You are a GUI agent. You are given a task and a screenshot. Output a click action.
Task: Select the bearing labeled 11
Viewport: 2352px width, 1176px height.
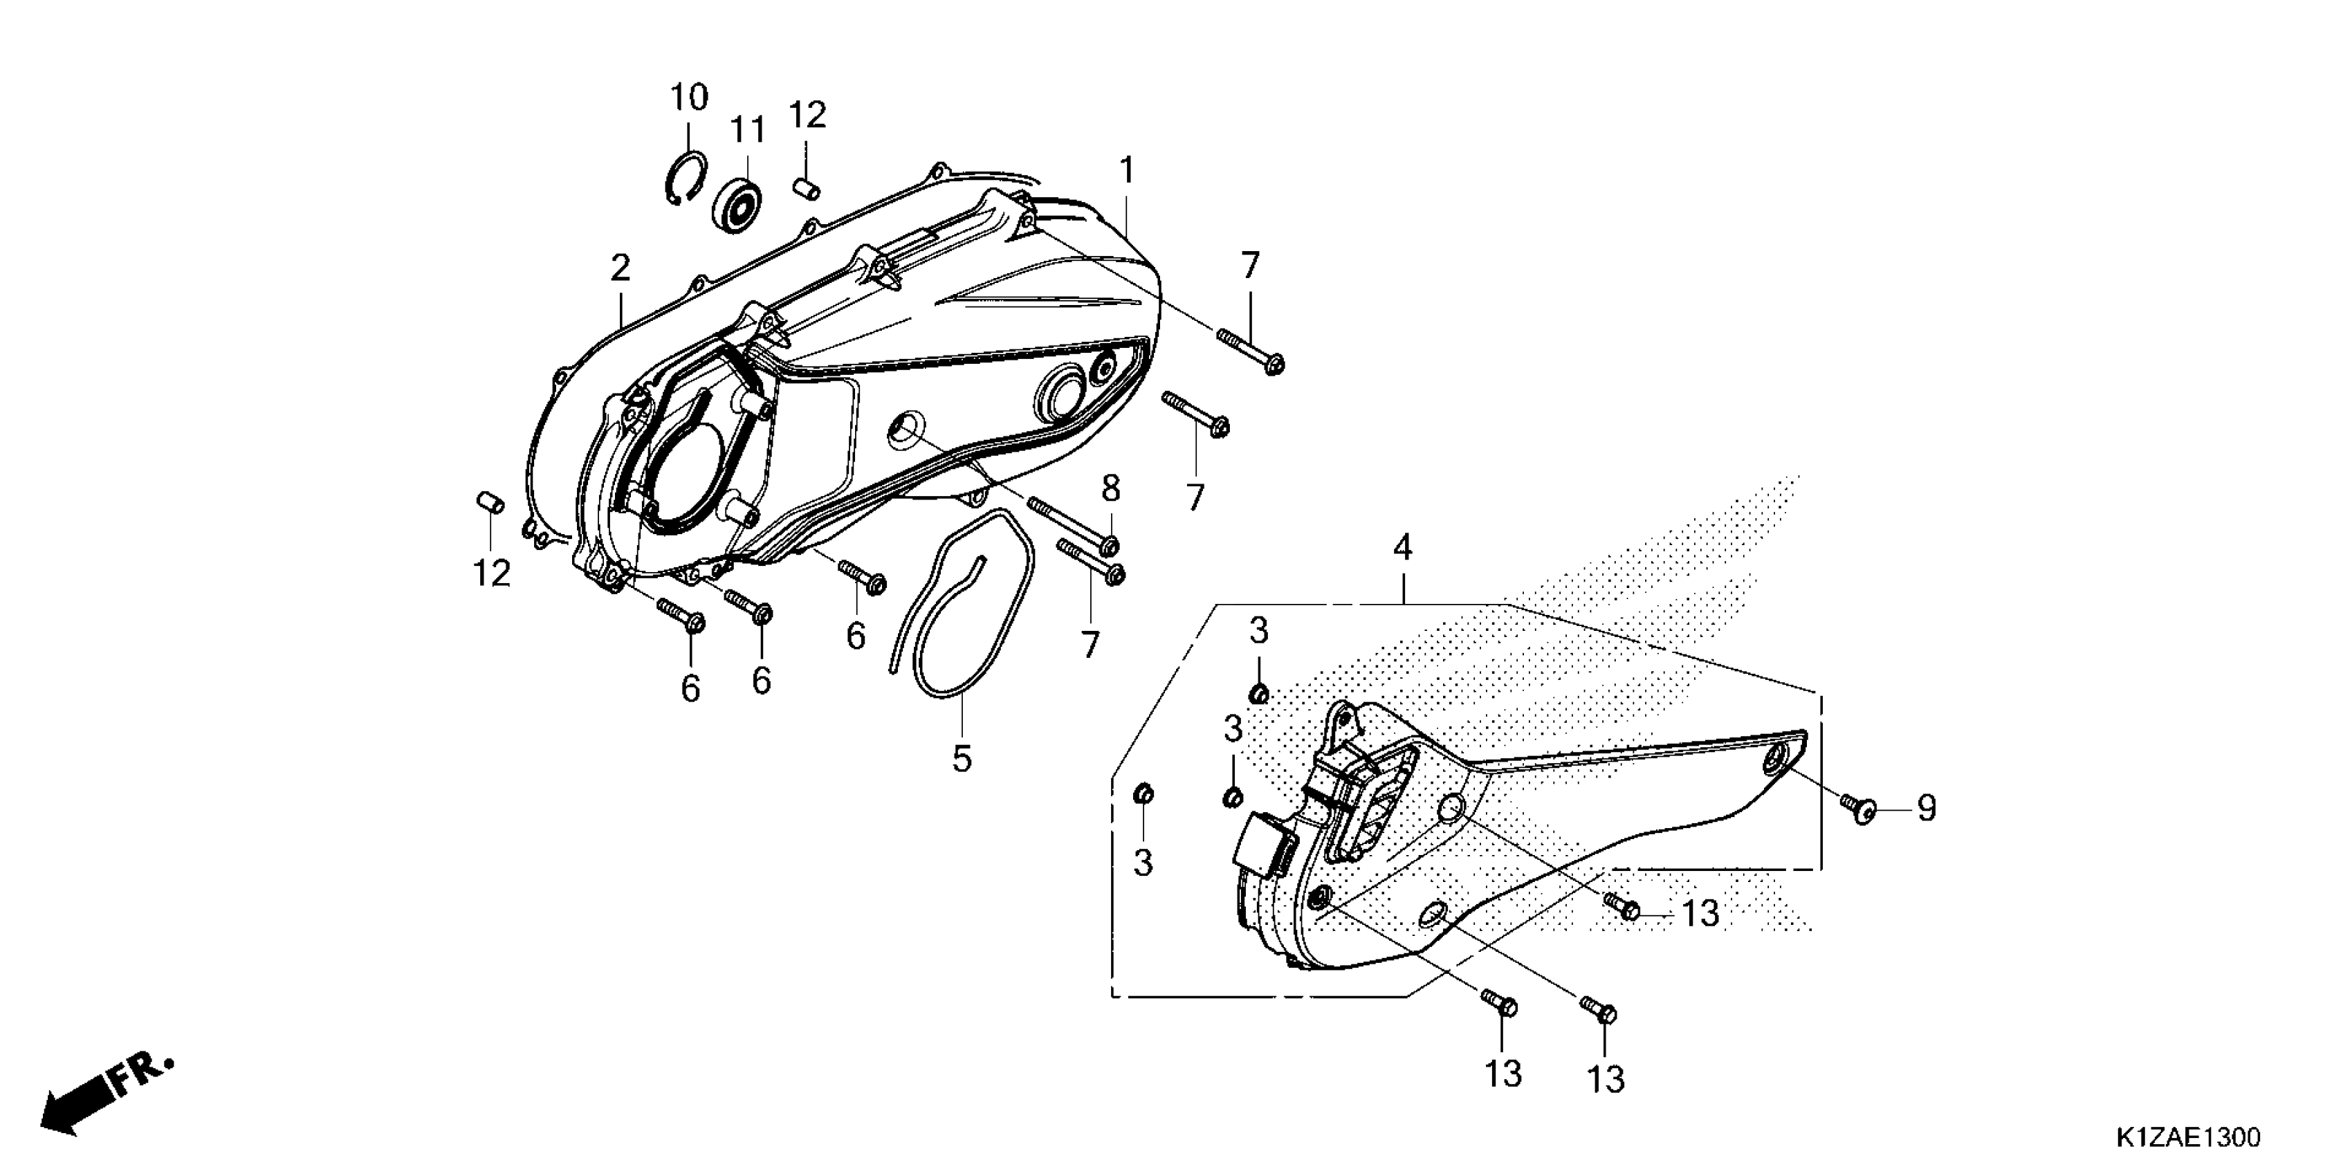pos(737,205)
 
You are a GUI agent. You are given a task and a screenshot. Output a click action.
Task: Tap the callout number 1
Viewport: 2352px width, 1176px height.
pos(1127,171)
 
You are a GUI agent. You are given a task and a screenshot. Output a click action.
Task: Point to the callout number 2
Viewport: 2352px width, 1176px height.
pos(621,268)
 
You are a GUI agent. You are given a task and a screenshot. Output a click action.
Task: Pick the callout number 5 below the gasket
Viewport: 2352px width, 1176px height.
pos(962,757)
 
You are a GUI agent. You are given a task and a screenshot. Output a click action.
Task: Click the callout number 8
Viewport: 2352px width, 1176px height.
pos(1110,489)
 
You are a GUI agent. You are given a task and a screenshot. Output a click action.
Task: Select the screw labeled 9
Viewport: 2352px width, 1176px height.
pos(1857,807)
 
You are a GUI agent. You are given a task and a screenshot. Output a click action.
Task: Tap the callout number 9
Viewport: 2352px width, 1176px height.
pos(1927,808)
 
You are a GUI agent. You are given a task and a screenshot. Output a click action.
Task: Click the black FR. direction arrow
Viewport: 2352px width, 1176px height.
pos(100,1095)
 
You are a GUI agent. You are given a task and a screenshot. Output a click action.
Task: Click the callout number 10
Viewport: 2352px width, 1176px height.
pos(690,97)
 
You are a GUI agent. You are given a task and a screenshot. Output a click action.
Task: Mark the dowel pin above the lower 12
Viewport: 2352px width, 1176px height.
pos(490,502)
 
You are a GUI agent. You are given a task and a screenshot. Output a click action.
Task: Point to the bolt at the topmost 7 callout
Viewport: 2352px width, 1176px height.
pos(1248,350)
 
